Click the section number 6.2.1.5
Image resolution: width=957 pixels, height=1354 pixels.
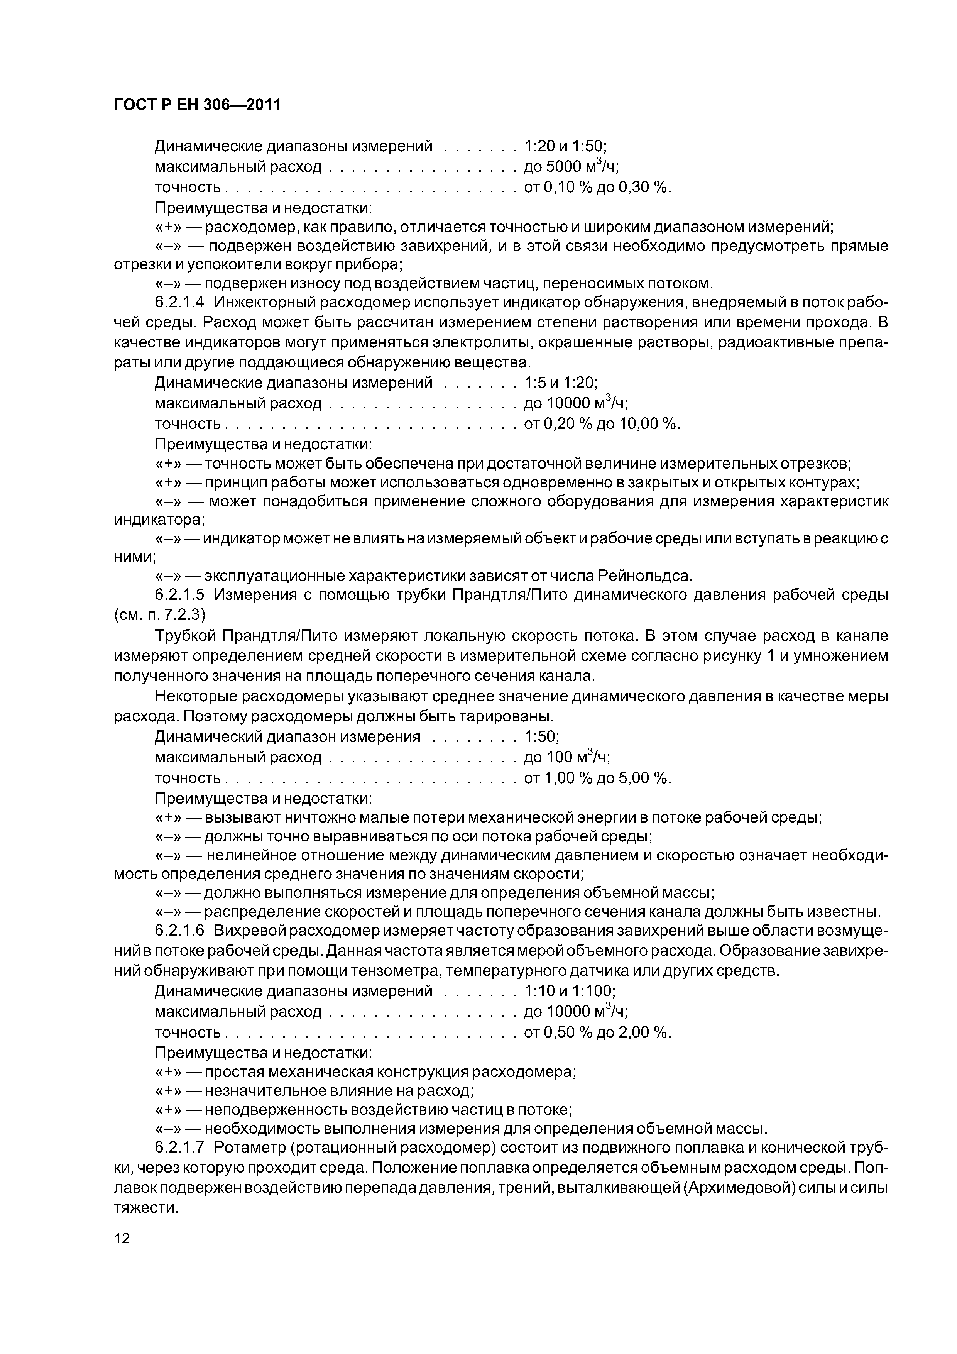(179, 595)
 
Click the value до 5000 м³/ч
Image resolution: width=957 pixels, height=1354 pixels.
(571, 167)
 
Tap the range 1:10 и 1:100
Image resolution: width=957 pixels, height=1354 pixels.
(570, 991)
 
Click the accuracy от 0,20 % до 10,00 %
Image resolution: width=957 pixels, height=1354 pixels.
(602, 423)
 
